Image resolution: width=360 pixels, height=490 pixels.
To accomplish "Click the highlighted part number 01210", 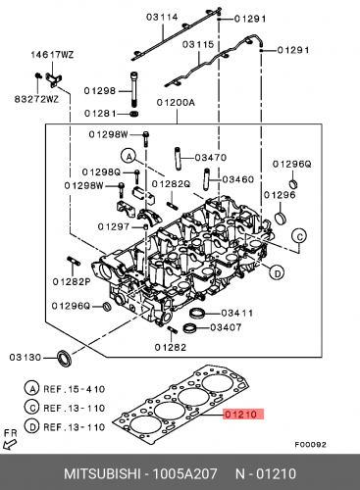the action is point(241,415).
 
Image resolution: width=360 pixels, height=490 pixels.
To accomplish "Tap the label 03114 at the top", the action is point(162,17).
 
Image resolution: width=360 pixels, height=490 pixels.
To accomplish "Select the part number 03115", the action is point(198,44).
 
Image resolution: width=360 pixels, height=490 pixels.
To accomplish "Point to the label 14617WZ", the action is point(52,55).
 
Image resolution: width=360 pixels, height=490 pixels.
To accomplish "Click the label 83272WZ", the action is point(36,99).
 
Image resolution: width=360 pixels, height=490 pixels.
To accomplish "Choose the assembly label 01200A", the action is point(176,103).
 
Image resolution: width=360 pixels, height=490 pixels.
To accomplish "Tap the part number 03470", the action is point(211,158).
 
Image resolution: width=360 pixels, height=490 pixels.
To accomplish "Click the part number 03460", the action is point(237,179).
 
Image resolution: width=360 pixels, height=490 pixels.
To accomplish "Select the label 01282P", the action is point(72,281).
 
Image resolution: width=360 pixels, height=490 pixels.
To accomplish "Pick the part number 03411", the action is point(237,313).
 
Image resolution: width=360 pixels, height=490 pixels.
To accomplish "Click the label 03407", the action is point(226,327).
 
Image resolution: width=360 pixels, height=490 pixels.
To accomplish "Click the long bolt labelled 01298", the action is point(134,89).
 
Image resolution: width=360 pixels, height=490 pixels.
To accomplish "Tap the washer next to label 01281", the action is point(133,114).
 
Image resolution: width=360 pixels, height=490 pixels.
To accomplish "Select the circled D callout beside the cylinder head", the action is point(277,273).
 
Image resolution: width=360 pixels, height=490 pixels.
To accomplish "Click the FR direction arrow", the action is point(10,445).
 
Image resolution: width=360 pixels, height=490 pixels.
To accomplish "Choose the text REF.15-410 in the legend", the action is point(75,389).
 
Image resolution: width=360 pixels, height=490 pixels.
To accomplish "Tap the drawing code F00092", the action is point(310,445).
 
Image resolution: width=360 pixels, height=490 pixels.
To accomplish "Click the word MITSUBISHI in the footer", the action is point(102,473).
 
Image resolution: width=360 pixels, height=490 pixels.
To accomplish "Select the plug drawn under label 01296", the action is point(280,218).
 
